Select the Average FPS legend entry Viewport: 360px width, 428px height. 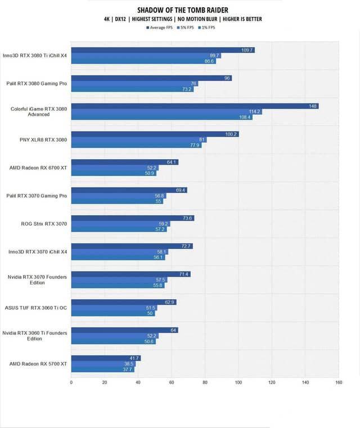tap(160, 28)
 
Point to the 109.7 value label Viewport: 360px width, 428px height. tap(247, 50)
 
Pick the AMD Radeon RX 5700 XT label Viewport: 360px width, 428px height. tap(38, 364)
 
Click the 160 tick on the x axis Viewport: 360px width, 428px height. tap(338, 382)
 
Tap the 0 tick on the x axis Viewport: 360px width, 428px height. tap(71, 382)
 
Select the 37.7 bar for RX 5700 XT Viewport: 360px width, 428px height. tap(102, 370)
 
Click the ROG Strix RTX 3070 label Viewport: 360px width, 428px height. tap(44, 224)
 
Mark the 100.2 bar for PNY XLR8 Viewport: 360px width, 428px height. tap(155, 134)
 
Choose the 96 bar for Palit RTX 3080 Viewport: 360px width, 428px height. tap(151, 78)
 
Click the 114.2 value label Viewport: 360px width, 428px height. tap(255, 111)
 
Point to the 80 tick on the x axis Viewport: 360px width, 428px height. tap(205, 382)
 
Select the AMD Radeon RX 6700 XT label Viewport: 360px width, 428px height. tap(38, 168)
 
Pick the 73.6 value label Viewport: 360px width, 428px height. tap(188, 218)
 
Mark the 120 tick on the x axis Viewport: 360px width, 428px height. tap(271, 382)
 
